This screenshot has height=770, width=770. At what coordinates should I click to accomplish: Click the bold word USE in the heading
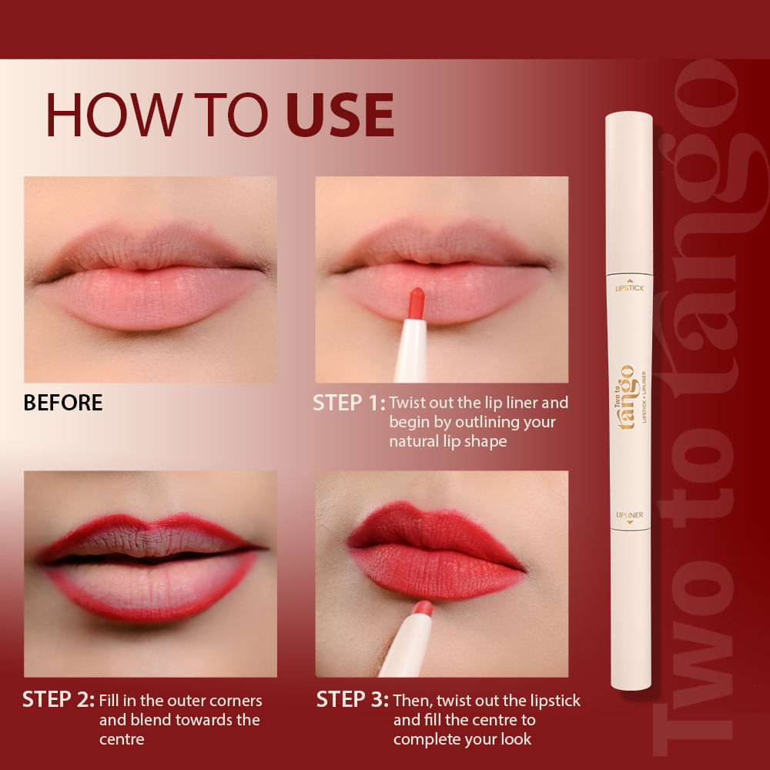tap(340, 115)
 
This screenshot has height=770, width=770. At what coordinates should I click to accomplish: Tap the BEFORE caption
tap(63, 403)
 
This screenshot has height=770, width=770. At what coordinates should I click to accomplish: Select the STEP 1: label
tap(348, 403)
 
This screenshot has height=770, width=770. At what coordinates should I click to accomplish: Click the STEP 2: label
tap(59, 699)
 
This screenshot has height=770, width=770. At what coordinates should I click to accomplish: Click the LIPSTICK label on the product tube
tap(629, 286)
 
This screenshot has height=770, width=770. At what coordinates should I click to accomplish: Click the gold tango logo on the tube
tap(627, 397)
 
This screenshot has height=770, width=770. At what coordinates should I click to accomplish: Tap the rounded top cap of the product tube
tap(629, 123)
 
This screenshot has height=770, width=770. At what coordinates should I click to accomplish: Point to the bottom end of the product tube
tap(631, 681)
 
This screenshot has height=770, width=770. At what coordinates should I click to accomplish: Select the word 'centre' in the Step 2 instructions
tap(122, 739)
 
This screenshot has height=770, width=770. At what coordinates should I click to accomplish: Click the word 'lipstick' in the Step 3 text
tap(553, 701)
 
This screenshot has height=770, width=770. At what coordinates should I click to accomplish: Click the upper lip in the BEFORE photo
tap(146, 247)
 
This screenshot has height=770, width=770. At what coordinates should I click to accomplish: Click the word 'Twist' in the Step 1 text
tap(408, 403)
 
